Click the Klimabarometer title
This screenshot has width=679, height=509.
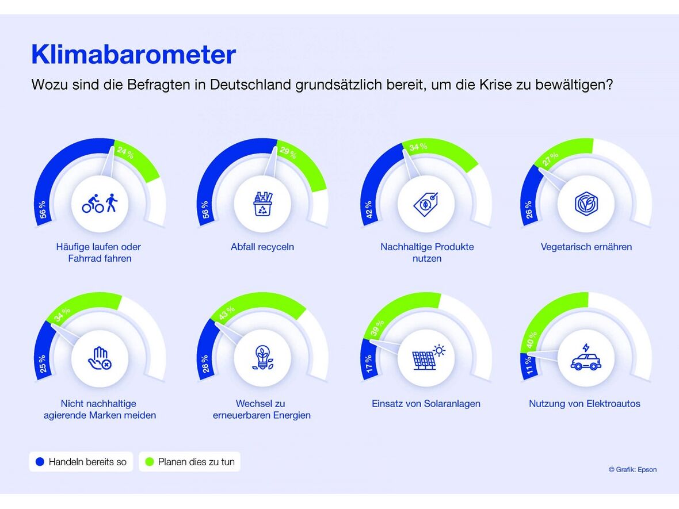133,55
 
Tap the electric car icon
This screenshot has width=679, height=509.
586,358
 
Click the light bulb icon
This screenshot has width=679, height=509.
262,358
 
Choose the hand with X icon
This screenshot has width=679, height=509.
100,358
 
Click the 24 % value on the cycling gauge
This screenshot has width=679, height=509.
125,153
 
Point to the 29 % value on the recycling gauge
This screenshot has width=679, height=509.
288,152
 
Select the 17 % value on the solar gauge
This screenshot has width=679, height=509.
369,363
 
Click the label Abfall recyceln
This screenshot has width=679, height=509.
262,247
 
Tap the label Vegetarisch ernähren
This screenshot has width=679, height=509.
586,247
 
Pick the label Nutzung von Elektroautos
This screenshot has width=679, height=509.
585,404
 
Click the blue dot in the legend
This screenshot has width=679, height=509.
40,462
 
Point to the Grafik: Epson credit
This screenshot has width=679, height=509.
632,470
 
